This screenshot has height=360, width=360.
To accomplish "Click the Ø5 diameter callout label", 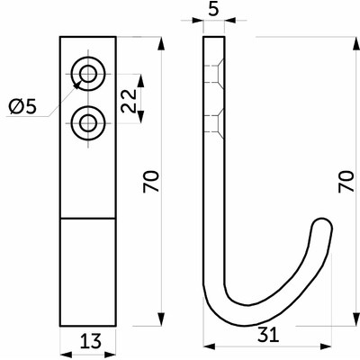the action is tap(22, 107).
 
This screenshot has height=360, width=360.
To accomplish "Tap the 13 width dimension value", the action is tap(91, 341).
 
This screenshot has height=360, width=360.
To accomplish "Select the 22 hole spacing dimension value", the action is tap(129, 101).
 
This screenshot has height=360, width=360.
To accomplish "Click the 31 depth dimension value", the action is tap(268, 335).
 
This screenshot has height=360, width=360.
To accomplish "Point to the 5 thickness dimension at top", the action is tap(213, 10).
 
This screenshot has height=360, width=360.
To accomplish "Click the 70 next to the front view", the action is tap(150, 182).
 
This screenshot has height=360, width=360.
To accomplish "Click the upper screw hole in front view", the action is tap(88, 74).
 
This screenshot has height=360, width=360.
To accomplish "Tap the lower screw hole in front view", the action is tap(88, 123).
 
